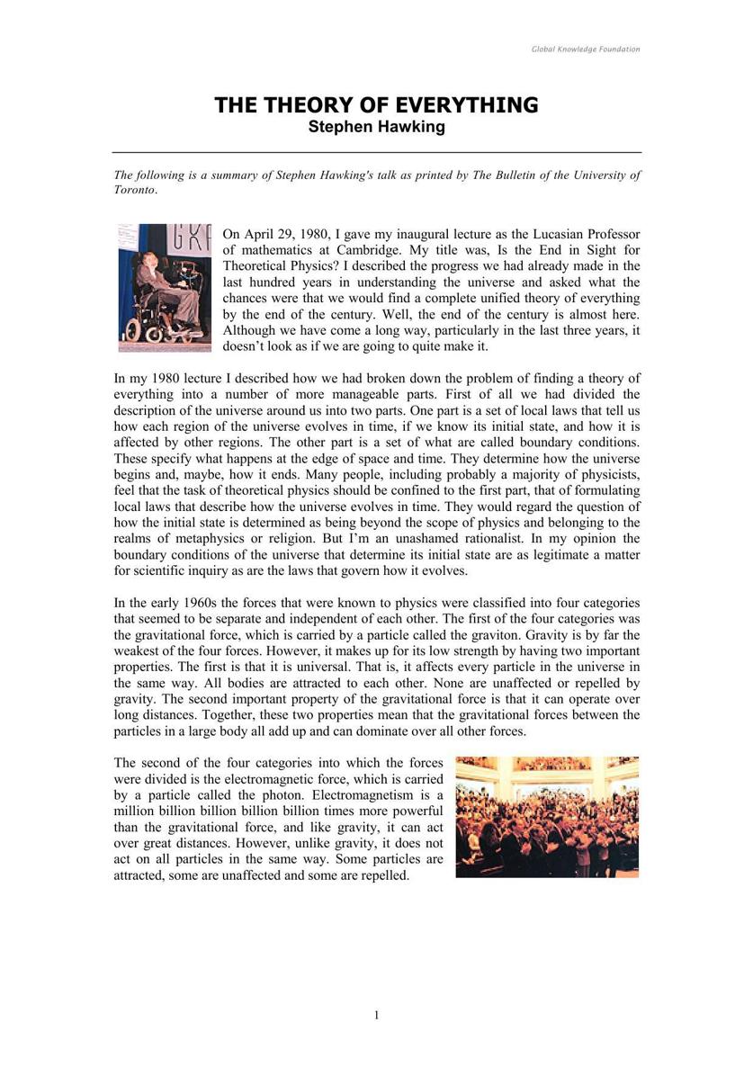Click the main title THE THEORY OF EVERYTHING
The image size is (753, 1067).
click(376, 105)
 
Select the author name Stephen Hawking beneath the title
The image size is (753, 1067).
click(376, 127)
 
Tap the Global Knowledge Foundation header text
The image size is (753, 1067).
click(586, 49)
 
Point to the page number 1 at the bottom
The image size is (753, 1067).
click(376, 1016)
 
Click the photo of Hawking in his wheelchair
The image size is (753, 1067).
click(164, 287)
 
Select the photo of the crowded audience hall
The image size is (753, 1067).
click(547, 816)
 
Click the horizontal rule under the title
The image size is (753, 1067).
click(376, 153)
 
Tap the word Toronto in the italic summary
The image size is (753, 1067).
click(135, 191)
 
